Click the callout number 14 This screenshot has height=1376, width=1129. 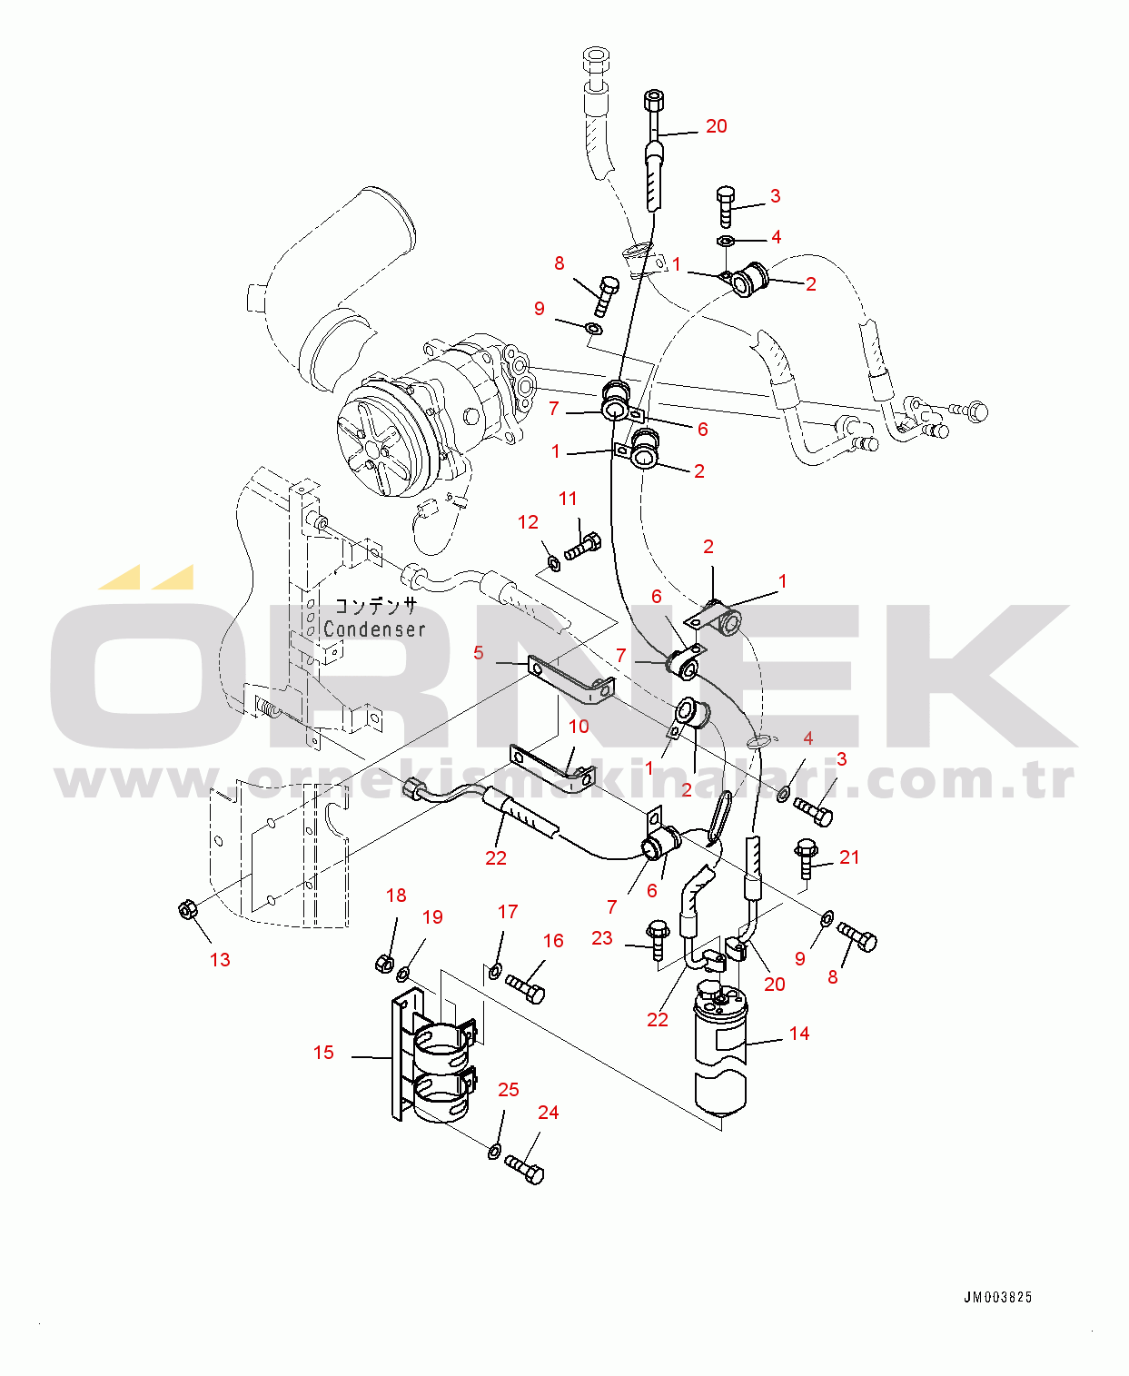coord(798,1034)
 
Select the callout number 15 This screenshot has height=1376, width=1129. coord(323,1053)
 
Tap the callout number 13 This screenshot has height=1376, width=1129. coord(220,960)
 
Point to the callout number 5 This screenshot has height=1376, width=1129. coord(479,653)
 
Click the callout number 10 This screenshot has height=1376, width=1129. coord(579,727)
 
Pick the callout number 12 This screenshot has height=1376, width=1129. coord(528,522)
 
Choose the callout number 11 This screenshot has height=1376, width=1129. coord(568,499)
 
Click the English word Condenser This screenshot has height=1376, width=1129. coord(373,629)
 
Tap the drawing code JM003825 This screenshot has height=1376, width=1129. coord(997,1298)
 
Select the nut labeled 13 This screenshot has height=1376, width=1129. coord(189,909)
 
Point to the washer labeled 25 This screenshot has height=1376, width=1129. coord(494,1152)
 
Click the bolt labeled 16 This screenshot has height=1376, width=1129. coord(525,987)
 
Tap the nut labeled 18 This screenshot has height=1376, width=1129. coord(383,962)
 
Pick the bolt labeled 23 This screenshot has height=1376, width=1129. coord(659,937)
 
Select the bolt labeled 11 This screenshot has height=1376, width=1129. coord(580,547)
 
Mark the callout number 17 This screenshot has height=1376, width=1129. coord(508,912)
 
